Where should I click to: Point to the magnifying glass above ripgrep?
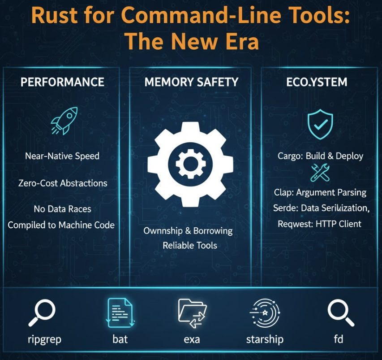(x=42, y=312)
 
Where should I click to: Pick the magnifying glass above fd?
(x=340, y=312)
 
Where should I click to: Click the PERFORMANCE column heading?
(x=62, y=82)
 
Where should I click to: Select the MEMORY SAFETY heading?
(x=191, y=82)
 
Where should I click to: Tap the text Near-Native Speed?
(x=62, y=156)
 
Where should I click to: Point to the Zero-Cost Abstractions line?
(x=63, y=183)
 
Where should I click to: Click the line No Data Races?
(x=62, y=209)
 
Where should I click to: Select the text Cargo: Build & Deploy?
(x=320, y=156)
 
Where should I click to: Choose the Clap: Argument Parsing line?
(x=320, y=192)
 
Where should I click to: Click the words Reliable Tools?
(x=190, y=245)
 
